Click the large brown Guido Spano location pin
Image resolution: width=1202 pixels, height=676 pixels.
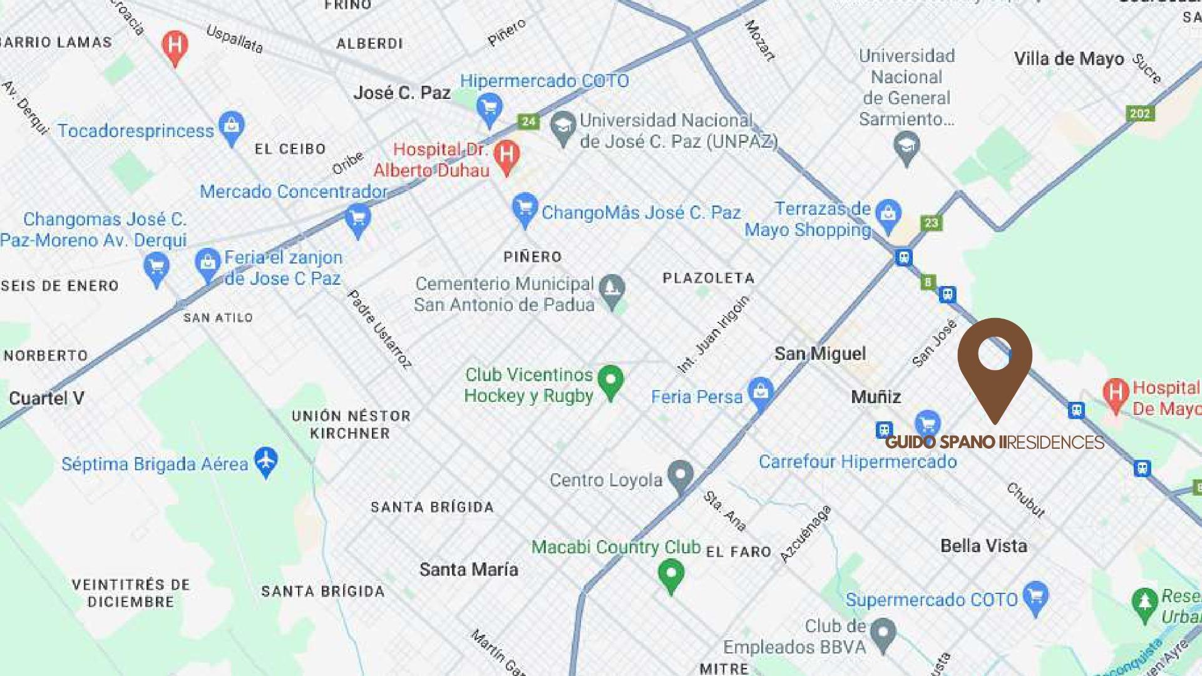[x=994, y=363]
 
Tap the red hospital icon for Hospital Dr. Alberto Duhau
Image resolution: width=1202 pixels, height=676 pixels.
[x=506, y=155]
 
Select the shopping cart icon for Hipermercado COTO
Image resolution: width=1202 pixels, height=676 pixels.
[x=489, y=107]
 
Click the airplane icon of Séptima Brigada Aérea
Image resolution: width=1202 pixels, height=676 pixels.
[x=266, y=461]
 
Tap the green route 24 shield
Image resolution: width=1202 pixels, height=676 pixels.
[x=528, y=121]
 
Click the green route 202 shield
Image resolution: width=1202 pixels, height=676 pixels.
[x=1140, y=113]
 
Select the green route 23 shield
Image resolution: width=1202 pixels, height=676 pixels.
[x=931, y=223]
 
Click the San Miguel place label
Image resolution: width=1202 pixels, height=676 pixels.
[x=820, y=354]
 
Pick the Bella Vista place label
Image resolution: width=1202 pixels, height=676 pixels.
[x=984, y=546]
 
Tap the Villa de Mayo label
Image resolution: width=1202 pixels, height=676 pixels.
[x=1069, y=59]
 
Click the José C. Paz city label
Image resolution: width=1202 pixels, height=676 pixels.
[x=401, y=93]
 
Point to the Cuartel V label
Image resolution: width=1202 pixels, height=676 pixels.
[x=46, y=398]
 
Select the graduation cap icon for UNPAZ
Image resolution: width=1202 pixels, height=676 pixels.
[x=563, y=127]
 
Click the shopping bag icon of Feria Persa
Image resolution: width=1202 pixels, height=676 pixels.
[x=761, y=392]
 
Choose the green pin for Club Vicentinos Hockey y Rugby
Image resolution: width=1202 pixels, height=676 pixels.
[x=610, y=379]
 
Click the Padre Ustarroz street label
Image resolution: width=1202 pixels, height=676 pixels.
[x=379, y=329]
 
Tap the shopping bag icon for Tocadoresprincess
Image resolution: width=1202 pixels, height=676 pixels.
[x=232, y=126]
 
